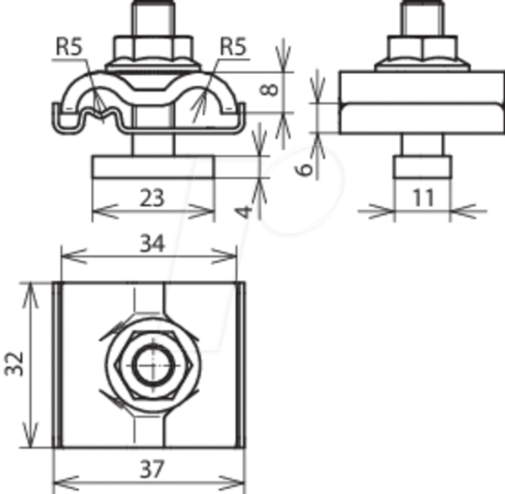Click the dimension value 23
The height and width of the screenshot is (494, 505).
coord(152,198)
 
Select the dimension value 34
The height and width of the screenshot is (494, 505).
coord(152,243)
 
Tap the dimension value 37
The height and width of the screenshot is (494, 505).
coord(152,469)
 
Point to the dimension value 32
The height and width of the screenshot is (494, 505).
coord(14,364)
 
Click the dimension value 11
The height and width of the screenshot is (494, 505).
coord(423,198)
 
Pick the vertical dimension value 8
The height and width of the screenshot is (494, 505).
coord(269,90)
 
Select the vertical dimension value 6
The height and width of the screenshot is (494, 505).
coord(304,169)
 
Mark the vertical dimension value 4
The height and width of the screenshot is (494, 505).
coord(244,212)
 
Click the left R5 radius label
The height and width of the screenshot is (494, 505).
coord(70,46)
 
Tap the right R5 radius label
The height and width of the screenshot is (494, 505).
coord(233,46)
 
